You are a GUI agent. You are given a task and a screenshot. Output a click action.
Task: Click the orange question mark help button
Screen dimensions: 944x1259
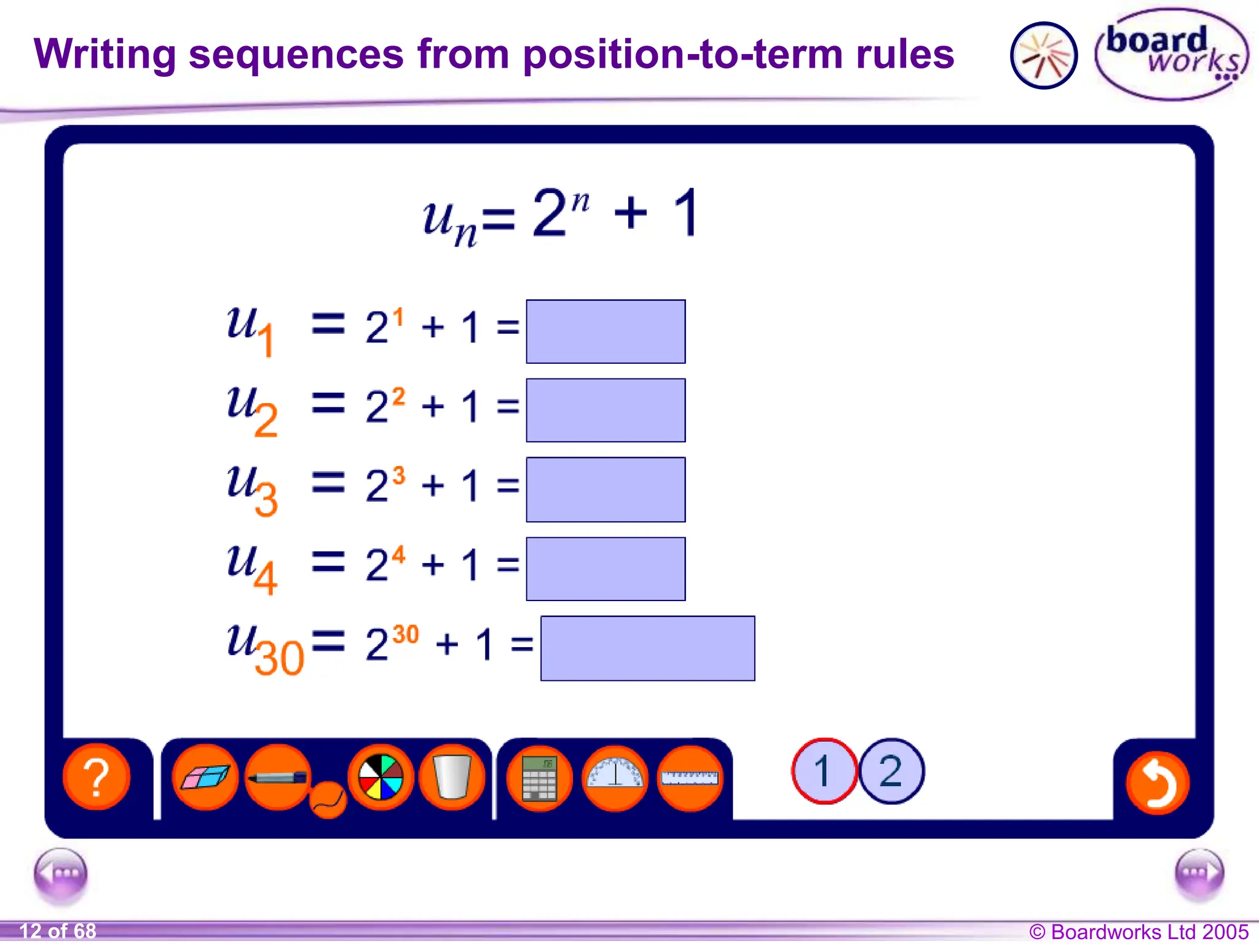97,777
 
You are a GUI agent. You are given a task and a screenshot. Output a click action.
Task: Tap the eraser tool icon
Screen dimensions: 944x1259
205,777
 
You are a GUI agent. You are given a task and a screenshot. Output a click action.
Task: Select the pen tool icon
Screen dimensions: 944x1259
278,777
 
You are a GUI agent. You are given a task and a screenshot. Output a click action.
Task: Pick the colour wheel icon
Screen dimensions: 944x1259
381,777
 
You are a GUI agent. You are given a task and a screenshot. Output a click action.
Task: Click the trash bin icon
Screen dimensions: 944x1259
452,777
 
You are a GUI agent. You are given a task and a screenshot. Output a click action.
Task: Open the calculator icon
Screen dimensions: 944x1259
539,778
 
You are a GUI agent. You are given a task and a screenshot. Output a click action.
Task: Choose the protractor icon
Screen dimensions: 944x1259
615,777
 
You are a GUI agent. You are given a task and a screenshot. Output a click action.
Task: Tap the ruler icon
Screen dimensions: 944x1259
690,778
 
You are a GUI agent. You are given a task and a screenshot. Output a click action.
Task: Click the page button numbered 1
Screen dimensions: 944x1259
824,771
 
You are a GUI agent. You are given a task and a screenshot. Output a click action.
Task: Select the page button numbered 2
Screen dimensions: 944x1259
891,771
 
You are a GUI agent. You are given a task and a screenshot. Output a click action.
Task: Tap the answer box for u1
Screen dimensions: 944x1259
606,331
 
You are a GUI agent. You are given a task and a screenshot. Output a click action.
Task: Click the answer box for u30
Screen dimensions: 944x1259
647,648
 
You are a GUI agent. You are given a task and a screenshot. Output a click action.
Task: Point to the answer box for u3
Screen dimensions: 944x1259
606,489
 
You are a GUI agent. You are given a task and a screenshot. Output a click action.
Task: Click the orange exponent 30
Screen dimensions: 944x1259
406,634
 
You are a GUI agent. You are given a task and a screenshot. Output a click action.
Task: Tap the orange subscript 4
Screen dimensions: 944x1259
266,578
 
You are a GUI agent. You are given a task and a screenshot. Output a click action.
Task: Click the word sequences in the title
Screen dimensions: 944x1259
296,54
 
